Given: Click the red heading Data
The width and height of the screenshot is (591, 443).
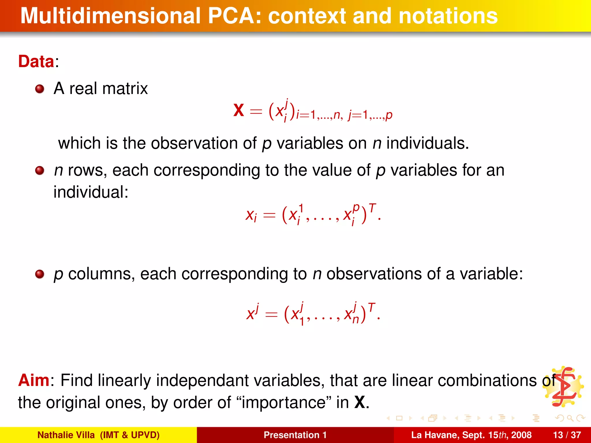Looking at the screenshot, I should [x=36, y=62].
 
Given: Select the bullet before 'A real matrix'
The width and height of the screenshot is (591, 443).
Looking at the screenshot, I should [x=40, y=89].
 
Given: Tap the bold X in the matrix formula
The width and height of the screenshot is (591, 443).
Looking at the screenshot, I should [x=239, y=110].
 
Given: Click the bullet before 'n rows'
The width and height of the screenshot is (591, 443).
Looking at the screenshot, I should [x=40, y=170].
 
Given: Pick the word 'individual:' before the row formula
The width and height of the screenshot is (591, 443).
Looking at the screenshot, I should [x=91, y=192].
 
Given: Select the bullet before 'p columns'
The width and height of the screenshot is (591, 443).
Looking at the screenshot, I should [x=40, y=274].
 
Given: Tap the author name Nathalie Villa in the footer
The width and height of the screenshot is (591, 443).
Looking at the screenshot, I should [x=66, y=435].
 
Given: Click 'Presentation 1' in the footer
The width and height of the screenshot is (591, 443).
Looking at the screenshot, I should [x=295, y=435].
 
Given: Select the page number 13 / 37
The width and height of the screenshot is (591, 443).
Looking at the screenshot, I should [x=567, y=435].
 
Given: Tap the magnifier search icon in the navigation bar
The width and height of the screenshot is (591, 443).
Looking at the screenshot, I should [x=570, y=418].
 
